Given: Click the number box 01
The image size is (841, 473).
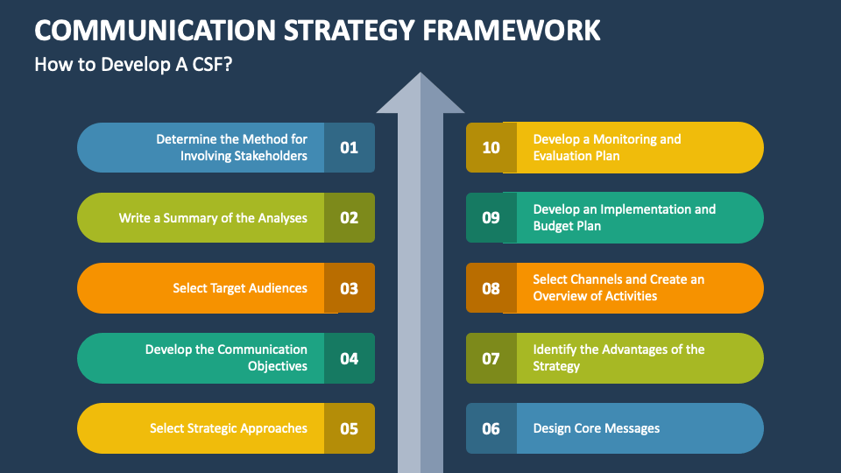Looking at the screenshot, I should (x=349, y=147).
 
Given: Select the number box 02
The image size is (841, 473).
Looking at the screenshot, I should (x=349, y=217).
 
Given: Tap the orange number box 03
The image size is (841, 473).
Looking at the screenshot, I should (x=349, y=288).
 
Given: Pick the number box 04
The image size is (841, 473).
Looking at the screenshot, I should (x=349, y=358).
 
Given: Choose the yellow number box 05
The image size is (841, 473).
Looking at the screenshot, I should (x=349, y=428).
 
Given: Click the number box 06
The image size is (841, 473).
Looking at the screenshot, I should (x=491, y=428).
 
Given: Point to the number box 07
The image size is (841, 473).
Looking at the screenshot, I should (x=491, y=358).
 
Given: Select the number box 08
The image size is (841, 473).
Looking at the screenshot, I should (x=491, y=288).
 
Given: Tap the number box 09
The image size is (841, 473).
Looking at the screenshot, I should (x=491, y=217).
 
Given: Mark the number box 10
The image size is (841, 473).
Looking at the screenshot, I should (x=491, y=147).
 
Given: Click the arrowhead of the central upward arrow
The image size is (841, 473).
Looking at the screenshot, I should (x=420, y=95).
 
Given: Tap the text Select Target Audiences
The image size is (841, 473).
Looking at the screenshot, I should (x=240, y=288).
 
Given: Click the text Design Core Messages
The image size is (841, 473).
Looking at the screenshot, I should (x=596, y=428).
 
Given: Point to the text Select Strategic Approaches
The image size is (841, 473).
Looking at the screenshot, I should (x=228, y=428).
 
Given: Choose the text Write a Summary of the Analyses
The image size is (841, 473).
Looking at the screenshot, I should (x=213, y=217).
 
